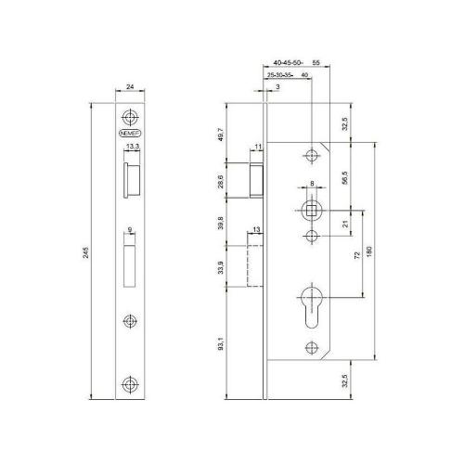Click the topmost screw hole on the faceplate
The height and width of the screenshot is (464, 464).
click(129, 118)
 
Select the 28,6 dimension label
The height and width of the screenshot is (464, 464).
click(220, 181)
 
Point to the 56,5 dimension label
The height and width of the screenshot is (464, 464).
click(346, 176)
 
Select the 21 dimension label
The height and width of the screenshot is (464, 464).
click(346, 223)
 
